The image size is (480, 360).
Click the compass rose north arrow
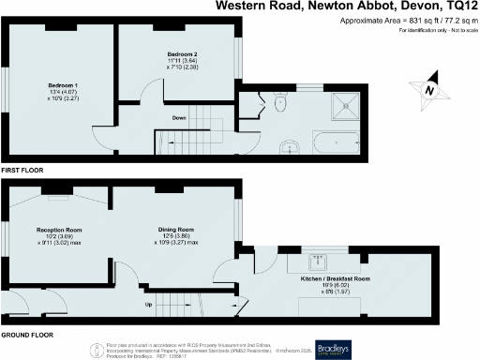pyautogui.click(x=427, y=91)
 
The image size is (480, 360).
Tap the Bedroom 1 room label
pyautogui.click(x=63, y=85)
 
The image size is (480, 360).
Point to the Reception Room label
pyautogui.click(x=59, y=230)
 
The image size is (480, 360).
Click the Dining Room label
pyautogui.click(x=174, y=230)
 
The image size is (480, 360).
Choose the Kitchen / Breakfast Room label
pyautogui.click(x=335, y=279)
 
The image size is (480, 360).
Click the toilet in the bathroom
pyautogui.click(x=280, y=104)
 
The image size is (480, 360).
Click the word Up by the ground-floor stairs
pyautogui.click(x=148, y=305)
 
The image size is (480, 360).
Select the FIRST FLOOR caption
pyautogui.click(x=22, y=171)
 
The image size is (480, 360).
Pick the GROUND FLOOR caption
pyautogui.click(x=26, y=335)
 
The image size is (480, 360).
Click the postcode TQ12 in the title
pyautogui.click(x=459, y=6)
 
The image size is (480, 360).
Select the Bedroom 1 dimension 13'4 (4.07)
pyautogui.click(x=63, y=92)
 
